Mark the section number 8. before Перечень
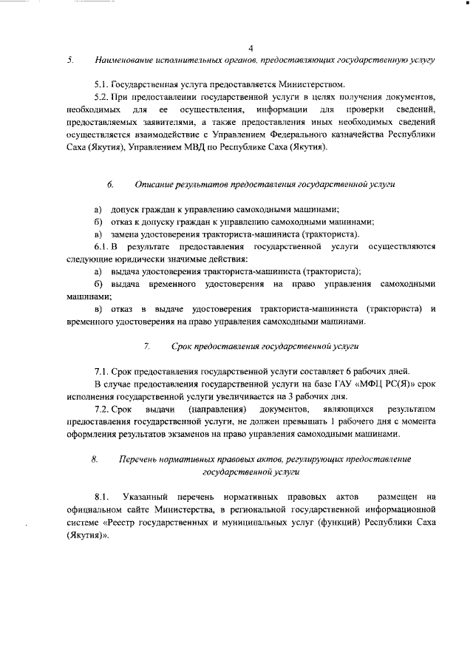95,459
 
